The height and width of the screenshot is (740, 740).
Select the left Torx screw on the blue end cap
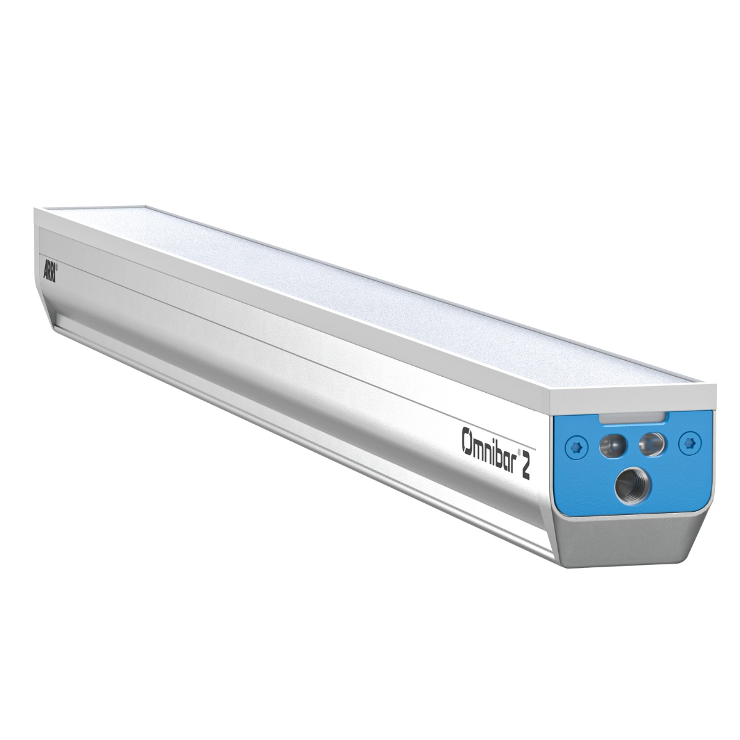[x=576, y=446]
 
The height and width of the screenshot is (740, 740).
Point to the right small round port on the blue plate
[x=651, y=445]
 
